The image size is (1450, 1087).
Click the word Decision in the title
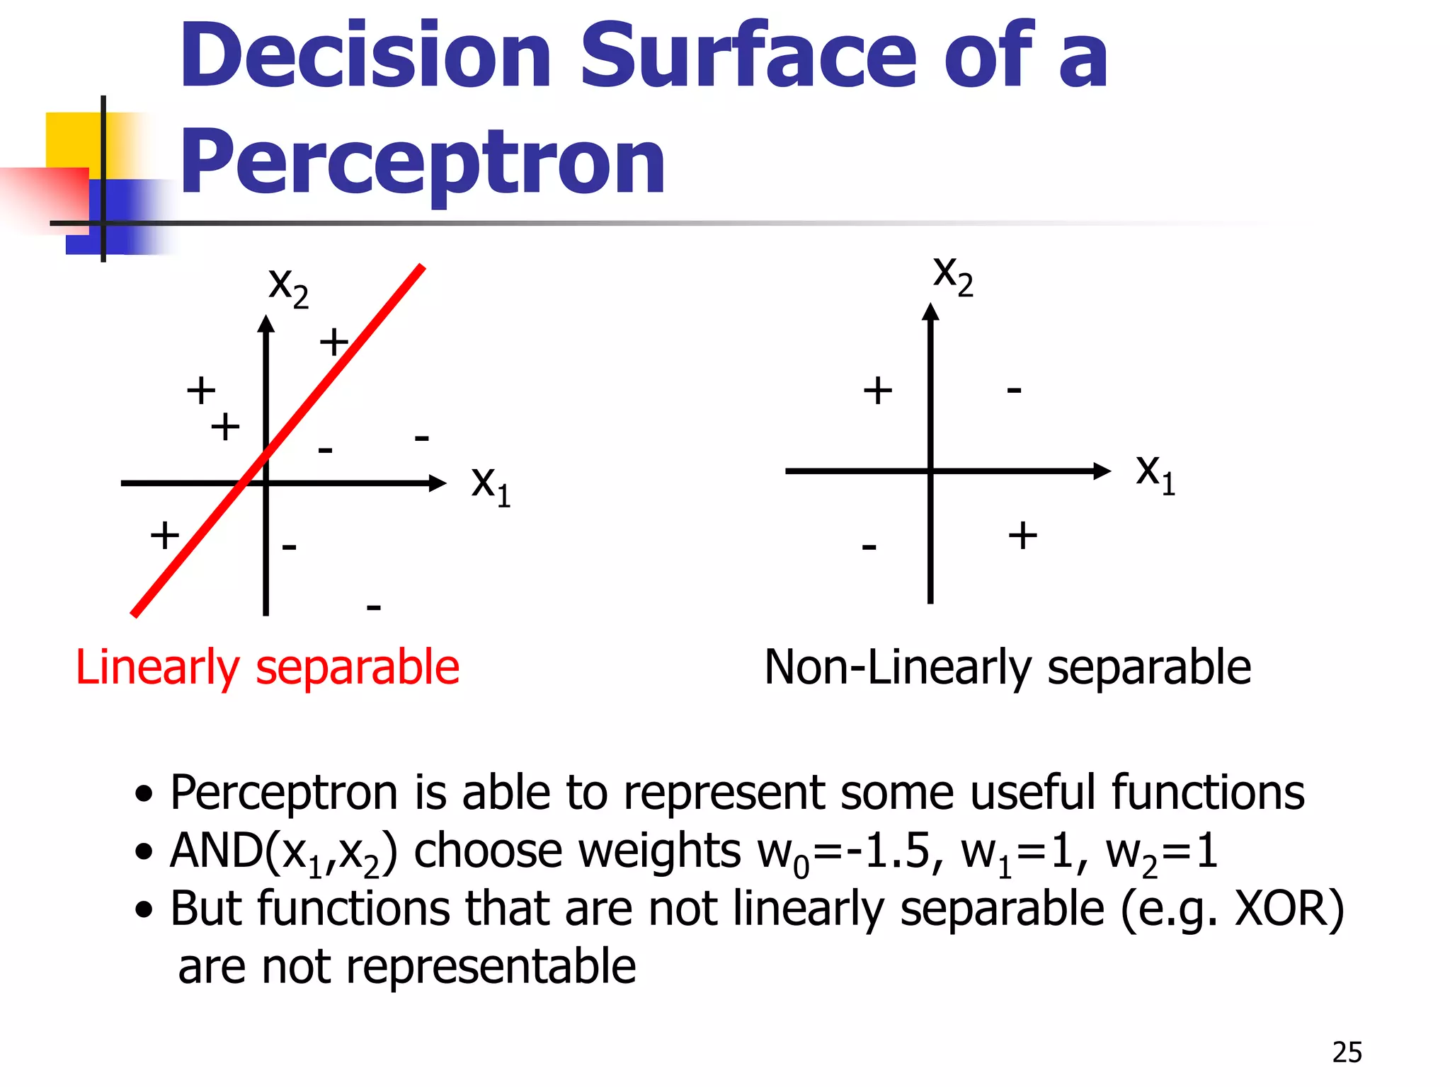pyautogui.click(x=365, y=57)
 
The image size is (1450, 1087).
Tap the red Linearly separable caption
pyautogui.click(x=268, y=667)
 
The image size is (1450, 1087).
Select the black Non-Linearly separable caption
pyautogui.click(x=1007, y=667)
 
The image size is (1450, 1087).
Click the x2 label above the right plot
pyautogui.click(x=953, y=275)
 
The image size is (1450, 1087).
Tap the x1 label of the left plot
pyautogui.click(x=491, y=485)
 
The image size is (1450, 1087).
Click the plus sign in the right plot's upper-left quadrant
pyautogui.click(x=878, y=391)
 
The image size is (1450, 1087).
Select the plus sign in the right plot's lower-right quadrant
pyautogui.click(x=1023, y=535)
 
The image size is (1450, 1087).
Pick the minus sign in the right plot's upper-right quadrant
pyautogui.click(x=1015, y=390)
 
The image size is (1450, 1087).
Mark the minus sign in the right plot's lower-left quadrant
pyautogui.click(x=869, y=546)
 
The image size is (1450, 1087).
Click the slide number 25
pyautogui.click(x=1347, y=1053)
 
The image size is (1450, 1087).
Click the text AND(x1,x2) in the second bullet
pyautogui.click(x=283, y=852)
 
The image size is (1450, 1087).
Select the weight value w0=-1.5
pyautogui.click(x=850, y=852)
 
